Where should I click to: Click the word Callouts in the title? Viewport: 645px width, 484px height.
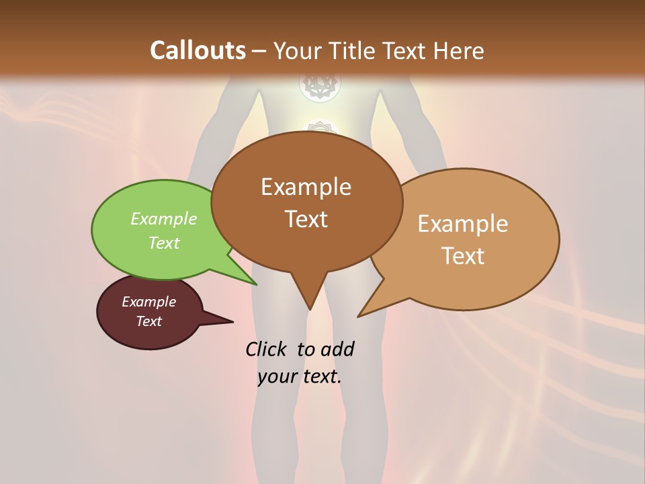point(198,50)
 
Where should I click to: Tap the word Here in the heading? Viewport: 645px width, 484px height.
point(459,50)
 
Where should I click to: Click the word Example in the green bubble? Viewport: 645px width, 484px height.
point(163,219)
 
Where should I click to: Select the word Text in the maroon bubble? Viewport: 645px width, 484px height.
point(148,321)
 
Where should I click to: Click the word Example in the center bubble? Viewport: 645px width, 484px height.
point(306,187)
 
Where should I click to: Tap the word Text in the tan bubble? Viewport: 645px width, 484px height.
point(464,256)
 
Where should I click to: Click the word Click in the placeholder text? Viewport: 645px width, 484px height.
point(267,349)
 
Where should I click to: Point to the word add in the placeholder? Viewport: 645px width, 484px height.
point(337,349)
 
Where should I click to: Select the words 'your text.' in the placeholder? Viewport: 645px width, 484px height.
point(299,376)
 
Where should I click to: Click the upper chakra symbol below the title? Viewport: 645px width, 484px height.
point(320,85)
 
